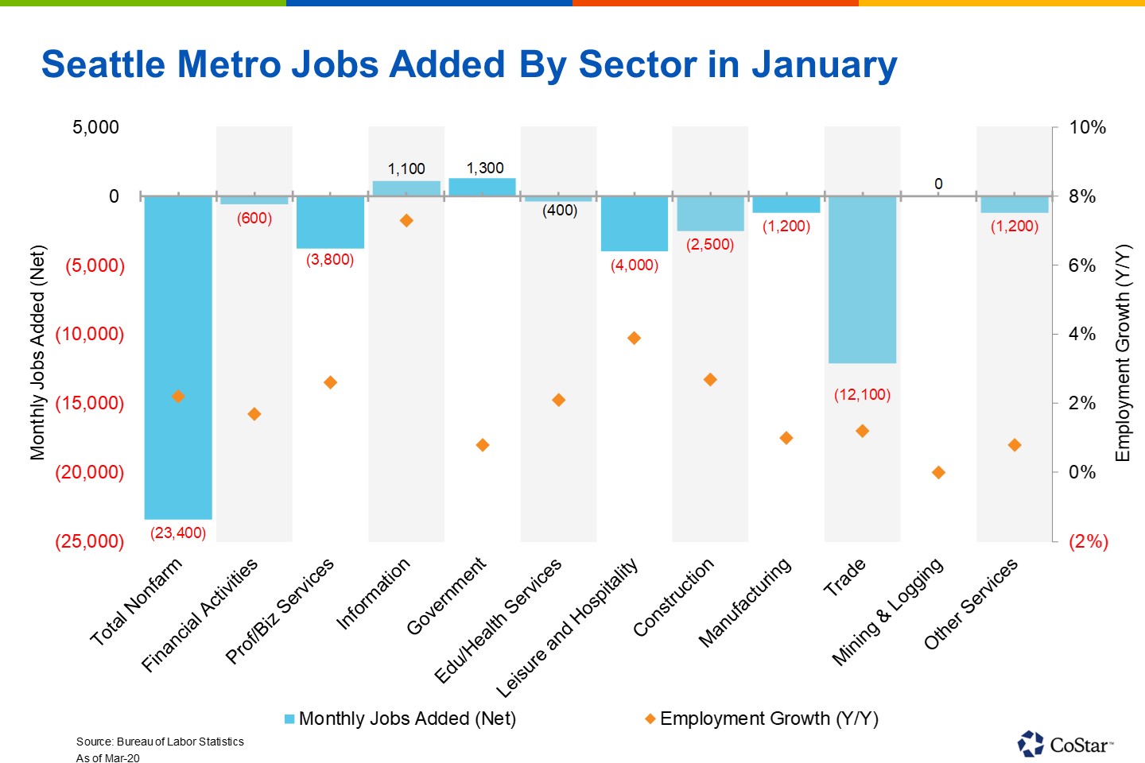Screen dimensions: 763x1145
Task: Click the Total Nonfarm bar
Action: [178, 358]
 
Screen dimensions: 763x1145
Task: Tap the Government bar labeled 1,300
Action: [483, 187]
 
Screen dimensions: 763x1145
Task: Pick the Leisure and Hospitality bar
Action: [634, 223]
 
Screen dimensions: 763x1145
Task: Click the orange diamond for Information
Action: [406, 220]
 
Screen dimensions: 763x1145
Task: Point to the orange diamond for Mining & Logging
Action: [938, 472]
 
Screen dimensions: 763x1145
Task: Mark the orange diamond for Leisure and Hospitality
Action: [634, 338]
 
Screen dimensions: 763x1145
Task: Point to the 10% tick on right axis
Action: [1086, 127]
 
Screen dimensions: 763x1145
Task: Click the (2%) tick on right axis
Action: [1088, 541]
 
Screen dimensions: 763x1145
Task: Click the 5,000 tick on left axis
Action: [95, 127]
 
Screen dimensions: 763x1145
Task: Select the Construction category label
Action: [674, 598]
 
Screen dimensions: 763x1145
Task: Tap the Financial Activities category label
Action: [200, 614]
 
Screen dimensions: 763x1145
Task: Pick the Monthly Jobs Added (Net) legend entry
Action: [401, 718]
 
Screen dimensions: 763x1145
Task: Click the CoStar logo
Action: [1065, 744]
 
